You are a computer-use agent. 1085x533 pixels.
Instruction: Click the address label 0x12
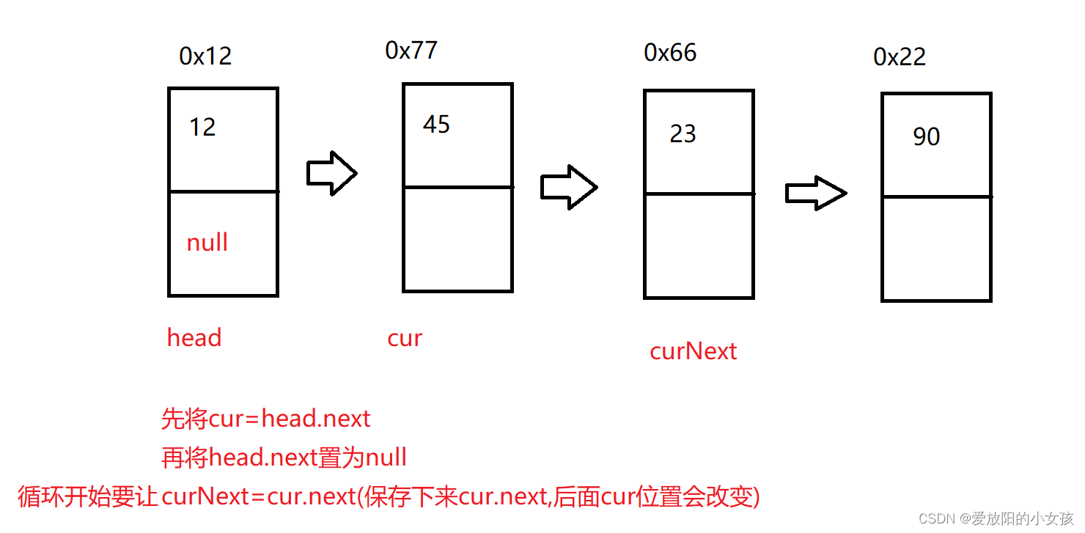tap(205, 56)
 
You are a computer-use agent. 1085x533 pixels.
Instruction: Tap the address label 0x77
tap(411, 51)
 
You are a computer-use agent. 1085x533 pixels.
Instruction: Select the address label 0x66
tap(670, 53)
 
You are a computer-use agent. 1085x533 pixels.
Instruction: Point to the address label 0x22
tap(900, 57)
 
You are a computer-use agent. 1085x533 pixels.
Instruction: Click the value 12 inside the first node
tap(202, 128)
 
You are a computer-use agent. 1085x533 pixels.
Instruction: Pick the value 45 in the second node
tap(436, 125)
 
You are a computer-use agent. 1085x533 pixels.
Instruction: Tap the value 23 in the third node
tap(683, 134)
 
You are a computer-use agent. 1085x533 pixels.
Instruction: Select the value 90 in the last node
tap(927, 137)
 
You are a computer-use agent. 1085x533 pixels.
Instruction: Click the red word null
tap(207, 243)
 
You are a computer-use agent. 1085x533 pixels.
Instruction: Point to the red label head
tap(194, 338)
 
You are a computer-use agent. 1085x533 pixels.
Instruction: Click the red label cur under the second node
tap(405, 338)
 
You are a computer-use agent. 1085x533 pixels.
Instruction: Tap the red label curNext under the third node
tap(693, 351)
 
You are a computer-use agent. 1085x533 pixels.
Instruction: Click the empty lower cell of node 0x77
tap(457, 240)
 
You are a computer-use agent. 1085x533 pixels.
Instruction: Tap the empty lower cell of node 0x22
tap(936, 249)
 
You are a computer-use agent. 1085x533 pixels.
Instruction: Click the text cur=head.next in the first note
tap(290, 419)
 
